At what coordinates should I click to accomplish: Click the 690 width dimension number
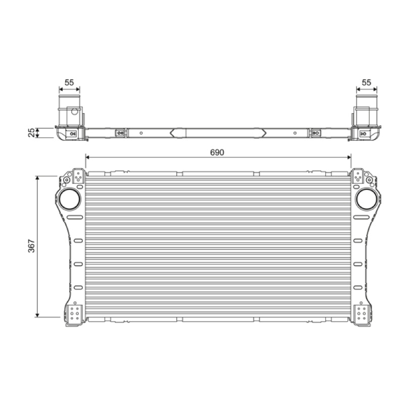pos(217,153)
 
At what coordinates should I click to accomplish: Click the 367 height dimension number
pos(31,246)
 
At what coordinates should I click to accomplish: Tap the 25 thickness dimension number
pos(31,133)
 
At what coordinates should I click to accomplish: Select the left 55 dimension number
pos(69,82)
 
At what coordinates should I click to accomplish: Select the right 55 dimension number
pos(367,82)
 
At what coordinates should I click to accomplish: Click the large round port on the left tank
pos(70,199)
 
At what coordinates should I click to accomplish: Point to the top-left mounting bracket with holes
pos(78,176)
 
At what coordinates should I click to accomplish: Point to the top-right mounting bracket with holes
pos(358,176)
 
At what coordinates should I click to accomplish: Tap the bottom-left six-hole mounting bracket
pos(74,313)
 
